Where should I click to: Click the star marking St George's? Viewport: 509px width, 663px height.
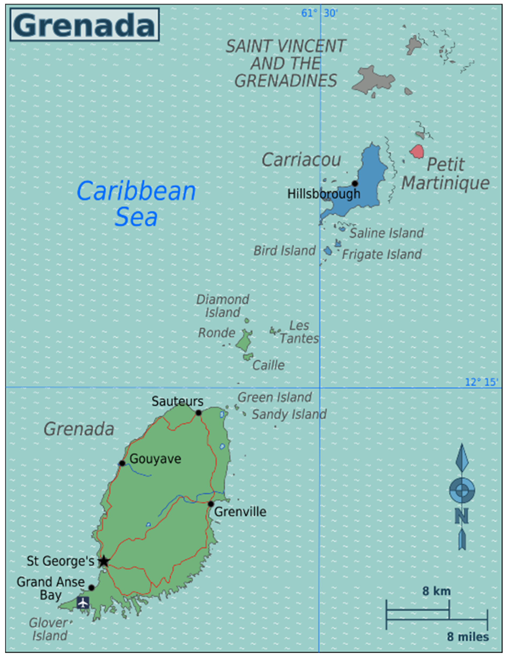pyautogui.click(x=104, y=561)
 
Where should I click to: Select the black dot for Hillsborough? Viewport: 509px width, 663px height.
pyautogui.click(x=355, y=183)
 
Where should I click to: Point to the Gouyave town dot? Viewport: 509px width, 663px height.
pyautogui.click(x=122, y=463)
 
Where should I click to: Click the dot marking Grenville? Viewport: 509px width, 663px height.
pyautogui.click(x=211, y=504)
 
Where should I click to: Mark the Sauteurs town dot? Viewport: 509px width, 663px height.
pyautogui.click(x=198, y=413)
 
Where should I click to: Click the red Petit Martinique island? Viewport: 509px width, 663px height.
pyautogui.click(x=417, y=151)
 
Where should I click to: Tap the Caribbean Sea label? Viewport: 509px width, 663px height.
pyautogui.click(x=136, y=203)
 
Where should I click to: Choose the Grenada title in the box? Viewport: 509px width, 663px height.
pyautogui.click(x=84, y=25)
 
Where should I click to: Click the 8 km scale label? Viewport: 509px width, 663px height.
pyautogui.click(x=436, y=591)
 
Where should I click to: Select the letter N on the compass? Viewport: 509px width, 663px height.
pyautogui.click(x=462, y=516)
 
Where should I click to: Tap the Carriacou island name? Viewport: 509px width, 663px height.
pyautogui.click(x=301, y=160)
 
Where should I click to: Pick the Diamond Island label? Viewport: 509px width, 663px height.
pyautogui.click(x=223, y=306)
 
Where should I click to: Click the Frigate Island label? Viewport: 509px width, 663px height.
pyautogui.click(x=382, y=254)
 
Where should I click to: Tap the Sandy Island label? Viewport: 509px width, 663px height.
pyautogui.click(x=289, y=414)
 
